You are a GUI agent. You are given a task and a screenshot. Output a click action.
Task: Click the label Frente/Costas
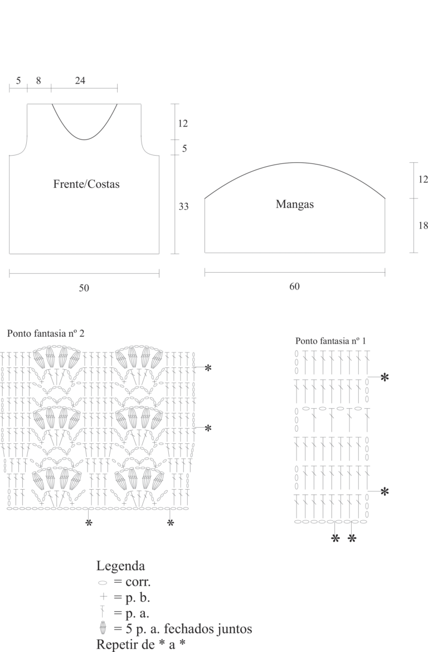[x=86, y=184]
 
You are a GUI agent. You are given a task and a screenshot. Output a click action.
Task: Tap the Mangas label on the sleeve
[x=295, y=204]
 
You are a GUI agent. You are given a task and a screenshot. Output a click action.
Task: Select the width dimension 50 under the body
[x=84, y=288]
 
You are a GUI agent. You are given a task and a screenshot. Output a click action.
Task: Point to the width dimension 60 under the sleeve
[x=294, y=287]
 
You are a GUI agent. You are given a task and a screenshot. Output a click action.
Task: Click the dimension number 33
[x=184, y=206]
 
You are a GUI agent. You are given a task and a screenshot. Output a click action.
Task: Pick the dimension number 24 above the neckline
[x=80, y=81]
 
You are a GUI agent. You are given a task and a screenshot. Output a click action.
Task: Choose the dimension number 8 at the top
[x=38, y=81]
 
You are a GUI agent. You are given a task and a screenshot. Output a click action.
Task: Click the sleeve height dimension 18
[x=423, y=225]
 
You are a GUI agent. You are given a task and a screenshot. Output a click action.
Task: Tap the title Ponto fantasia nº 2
[x=46, y=334]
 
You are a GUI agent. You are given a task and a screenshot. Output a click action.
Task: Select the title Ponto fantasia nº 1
[x=331, y=341]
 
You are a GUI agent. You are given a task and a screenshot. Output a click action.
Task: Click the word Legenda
[x=120, y=566]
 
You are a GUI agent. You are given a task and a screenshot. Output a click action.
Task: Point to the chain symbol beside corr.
[x=102, y=582]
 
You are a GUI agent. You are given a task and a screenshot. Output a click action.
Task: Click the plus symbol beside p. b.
[x=104, y=597]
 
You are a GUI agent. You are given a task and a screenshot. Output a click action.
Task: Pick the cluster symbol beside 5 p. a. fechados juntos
[x=103, y=627]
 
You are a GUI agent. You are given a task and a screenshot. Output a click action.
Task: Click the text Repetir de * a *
[x=141, y=644]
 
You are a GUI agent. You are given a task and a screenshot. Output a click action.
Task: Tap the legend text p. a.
[x=137, y=614]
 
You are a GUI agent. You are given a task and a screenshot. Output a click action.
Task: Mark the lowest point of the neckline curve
[x=85, y=139]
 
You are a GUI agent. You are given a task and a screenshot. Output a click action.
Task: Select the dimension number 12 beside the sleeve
[x=423, y=179]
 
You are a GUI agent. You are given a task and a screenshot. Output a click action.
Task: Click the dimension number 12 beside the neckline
[x=183, y=123]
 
